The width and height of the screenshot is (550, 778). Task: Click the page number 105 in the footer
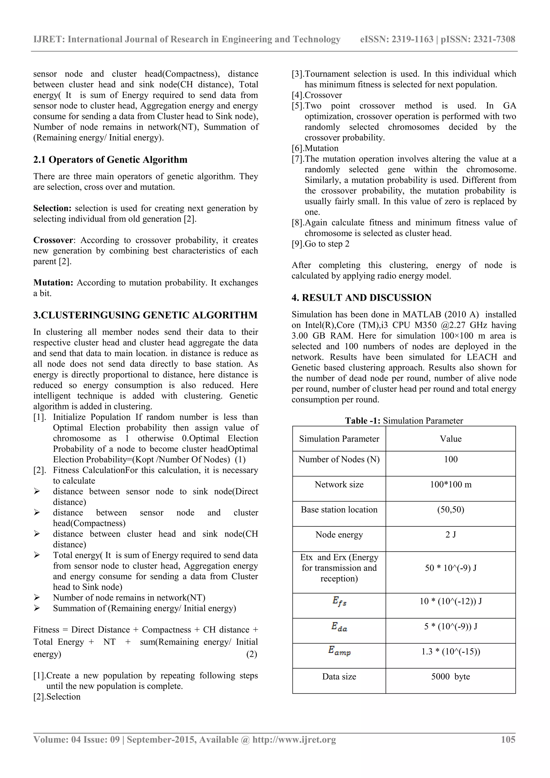tap(508, 739)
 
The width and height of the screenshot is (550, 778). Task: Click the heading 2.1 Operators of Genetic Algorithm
tap(110, 160)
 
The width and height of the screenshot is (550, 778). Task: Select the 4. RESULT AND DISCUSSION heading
tap(361, 298)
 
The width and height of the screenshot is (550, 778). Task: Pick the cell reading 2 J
tap(450, 534)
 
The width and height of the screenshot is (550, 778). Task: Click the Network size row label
tap(339, 484)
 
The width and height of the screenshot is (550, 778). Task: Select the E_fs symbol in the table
tap(339, 602)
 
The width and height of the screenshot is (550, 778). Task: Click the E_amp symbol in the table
tap(339, 651)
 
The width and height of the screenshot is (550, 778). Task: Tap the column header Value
tap(450, 439)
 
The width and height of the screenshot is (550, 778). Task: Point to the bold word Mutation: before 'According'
tap(53, 283)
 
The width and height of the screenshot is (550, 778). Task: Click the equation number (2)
tap(251, 654)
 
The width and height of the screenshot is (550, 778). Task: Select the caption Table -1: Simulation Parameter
tap(404, 421)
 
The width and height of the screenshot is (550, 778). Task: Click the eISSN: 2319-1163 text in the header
tap(396, 39)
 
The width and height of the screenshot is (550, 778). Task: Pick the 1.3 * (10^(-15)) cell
tap(450, 651)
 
